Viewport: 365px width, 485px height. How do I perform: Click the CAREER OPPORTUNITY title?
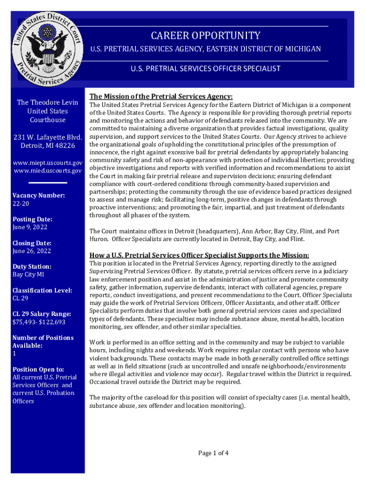pos(206,36)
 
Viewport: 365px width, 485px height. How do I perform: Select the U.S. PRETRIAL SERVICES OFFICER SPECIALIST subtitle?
pos(206,69)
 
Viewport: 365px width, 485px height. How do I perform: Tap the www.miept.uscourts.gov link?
pos(47,163)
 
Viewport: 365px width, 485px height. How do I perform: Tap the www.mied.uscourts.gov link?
pos(47,171)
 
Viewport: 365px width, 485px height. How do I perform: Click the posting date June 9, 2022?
pos(30,227)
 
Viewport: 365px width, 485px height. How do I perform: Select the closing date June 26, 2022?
pos(32,251)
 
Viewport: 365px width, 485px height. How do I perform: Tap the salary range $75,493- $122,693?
pos(39,322)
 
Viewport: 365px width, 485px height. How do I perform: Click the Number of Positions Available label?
pos(43,341)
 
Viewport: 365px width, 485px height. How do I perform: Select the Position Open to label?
pos(38,369)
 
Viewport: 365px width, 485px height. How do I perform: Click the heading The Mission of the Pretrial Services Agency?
pos(161,96)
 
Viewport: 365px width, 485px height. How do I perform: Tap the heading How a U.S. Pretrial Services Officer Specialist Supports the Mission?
pos(199,255)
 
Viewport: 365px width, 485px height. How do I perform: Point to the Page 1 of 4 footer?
pos(213,453)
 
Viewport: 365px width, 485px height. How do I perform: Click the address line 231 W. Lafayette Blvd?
pos(48,138)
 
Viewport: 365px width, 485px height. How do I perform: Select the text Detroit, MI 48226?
pos(48,146)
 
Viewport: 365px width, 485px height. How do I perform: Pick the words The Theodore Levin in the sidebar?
pos(47,102)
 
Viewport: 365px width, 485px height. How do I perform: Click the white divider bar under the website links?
pos(48,182)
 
